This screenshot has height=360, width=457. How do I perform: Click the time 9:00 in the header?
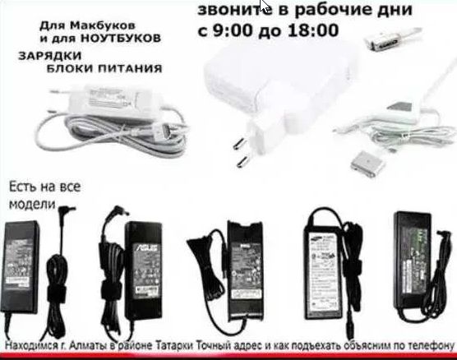(x=232, y=34)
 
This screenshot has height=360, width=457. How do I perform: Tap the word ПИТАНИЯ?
(x=133, y=69)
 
